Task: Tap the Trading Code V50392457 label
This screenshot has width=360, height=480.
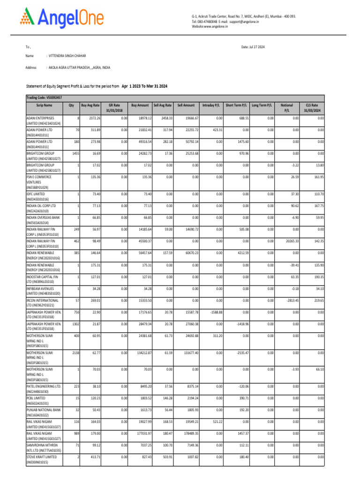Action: [44, 97]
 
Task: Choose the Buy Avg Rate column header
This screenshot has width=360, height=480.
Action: [90, 105]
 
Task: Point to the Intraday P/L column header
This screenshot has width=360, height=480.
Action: [212, 105]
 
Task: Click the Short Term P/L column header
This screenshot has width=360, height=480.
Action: [237, 105]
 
